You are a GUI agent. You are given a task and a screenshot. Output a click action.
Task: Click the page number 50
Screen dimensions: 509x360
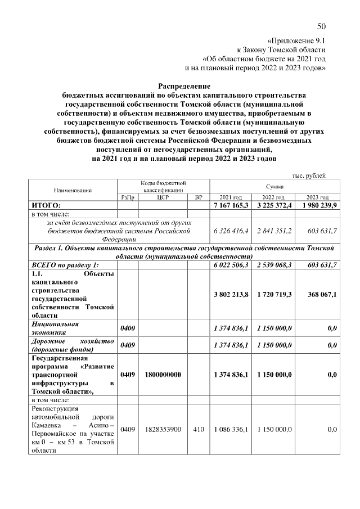(321, 26)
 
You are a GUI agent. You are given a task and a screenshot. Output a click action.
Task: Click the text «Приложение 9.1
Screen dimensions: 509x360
(296, 40)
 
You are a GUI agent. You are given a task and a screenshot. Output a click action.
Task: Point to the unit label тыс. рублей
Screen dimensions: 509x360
(309, 176)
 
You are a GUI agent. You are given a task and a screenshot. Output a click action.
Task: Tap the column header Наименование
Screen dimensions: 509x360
(73, 191)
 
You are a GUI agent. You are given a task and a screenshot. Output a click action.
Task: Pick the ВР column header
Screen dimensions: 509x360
(198, 197)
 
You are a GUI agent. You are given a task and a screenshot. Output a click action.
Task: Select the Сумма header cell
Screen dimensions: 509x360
(274, 186)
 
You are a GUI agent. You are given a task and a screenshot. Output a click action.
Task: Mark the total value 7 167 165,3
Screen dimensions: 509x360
(231, 206)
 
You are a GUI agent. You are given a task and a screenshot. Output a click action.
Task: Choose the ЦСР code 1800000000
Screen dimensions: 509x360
(161, 374)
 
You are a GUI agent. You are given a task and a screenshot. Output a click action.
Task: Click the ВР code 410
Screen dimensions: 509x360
(198, 429)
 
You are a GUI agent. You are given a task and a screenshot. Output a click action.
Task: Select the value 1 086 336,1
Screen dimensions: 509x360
(231, 429)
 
